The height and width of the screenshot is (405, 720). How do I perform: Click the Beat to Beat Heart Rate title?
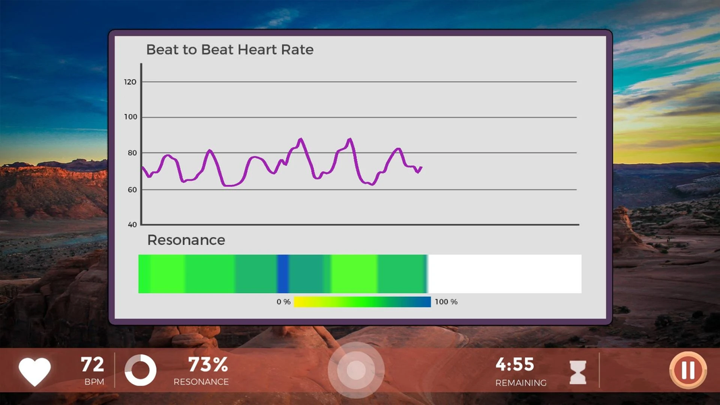[229, 50]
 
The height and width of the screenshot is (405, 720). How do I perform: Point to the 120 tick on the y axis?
[130, 82]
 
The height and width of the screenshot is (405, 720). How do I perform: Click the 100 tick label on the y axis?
[130, 117]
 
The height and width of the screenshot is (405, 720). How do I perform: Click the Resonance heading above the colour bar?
[186, 240]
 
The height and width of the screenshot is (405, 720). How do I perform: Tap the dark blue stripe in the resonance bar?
[283, 273]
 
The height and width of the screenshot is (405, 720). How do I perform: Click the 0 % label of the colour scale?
[283, 302]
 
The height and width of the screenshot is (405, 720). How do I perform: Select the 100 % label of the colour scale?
[446, 302]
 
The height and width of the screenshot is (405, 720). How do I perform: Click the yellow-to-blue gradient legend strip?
[362, 302]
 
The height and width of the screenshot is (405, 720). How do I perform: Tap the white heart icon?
[35, 371]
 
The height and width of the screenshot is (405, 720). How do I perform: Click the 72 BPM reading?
[92, 365]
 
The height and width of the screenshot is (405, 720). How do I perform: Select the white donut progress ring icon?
[140, 370]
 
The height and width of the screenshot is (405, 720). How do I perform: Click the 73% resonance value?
[208, 365]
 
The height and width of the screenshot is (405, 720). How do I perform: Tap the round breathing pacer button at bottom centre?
[356, 370]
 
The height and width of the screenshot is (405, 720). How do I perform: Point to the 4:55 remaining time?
[515, 364]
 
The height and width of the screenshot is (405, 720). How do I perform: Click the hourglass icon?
[578, 372]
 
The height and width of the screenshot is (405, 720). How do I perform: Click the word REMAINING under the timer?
[521, 383]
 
